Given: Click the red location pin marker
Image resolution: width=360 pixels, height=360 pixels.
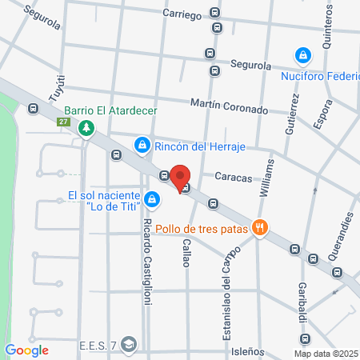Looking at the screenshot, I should (x=181, y=178).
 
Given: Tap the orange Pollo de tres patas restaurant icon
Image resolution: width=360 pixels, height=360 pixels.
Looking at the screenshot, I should (x=259, y=228).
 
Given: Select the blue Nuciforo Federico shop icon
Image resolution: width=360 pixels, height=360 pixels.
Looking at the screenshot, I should (x=302, y=55).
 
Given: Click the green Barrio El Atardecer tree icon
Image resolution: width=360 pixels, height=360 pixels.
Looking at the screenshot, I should (x=86, y=127).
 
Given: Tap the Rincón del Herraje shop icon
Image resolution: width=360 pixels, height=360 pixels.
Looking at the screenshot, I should (x=142, y=145).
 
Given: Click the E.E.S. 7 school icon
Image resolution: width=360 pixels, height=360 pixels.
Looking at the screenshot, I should (x=130, y=345).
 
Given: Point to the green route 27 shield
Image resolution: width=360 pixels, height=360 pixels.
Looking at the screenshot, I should (x=63, y=122).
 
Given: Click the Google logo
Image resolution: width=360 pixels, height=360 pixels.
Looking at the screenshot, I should (x=26, y=350).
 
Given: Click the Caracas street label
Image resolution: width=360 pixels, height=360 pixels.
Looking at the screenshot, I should (x=233, y=175).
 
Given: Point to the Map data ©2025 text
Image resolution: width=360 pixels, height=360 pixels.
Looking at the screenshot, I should (x=326, y=354).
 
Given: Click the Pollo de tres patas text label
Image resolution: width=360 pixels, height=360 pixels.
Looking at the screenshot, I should (x=203, y=228).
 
